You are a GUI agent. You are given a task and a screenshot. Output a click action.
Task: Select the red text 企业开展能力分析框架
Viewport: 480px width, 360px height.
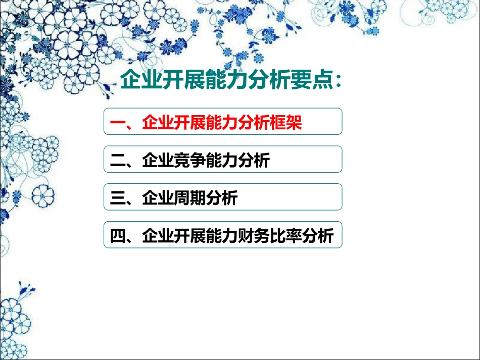[x=222, y=122]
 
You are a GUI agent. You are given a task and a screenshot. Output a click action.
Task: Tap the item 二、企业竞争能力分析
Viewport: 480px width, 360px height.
[x=190, y=161]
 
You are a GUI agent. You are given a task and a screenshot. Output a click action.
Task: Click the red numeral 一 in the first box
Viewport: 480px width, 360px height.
[x=118, y=122]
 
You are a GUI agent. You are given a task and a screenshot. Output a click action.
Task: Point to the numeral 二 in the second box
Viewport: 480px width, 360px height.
[x=118, y=161]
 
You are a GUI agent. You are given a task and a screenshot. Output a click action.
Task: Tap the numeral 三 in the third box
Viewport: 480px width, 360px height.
[x=118, y=198]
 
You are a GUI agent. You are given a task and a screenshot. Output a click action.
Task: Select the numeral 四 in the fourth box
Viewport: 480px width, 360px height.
[x=118, y=236]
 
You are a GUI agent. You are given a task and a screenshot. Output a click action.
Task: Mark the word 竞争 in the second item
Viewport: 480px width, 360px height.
[x=190, y=161]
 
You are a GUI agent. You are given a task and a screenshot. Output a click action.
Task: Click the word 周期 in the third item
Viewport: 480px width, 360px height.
[x=190, y=198]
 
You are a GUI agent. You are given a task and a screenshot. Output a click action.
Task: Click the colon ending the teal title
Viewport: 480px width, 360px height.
[x=338, y=81]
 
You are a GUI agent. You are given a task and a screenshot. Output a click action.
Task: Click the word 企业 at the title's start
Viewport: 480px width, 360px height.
[x=138, y=80]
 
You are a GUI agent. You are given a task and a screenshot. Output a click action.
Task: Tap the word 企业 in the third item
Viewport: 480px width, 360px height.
[x=159, y=198]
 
